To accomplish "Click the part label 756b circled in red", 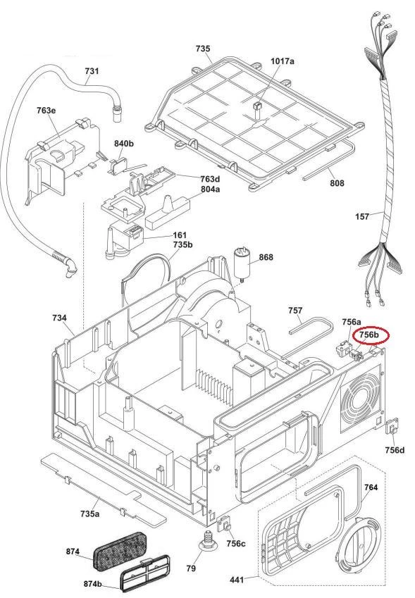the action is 370,335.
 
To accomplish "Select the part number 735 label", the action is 202,49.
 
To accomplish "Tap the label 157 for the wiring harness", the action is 362,217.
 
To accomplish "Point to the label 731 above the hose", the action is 92,71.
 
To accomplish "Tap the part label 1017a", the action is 283,61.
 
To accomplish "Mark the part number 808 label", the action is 337,183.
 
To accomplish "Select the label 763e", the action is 47,111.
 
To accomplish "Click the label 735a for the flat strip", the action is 89,513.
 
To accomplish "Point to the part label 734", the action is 59,318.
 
